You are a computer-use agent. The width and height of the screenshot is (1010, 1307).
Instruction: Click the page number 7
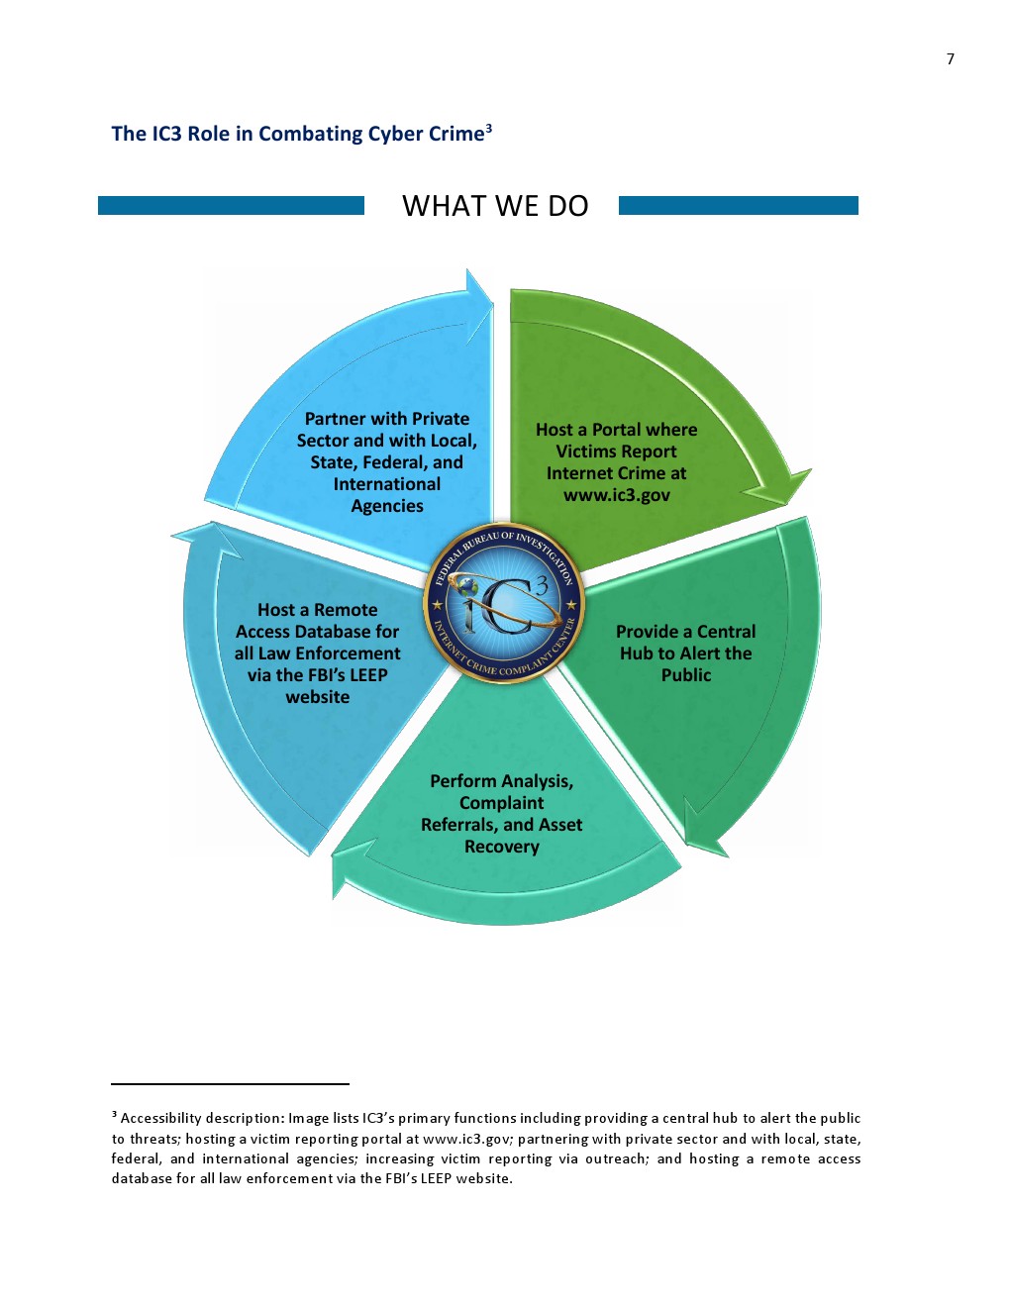(x=951, y=59)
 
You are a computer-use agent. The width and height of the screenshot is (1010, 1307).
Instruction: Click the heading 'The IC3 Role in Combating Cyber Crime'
(x=297, y=135)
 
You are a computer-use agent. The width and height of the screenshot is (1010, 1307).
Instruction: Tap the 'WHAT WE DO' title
(x=495, y=206)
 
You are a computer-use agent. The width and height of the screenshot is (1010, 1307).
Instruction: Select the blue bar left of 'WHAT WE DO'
(x=231, y=205)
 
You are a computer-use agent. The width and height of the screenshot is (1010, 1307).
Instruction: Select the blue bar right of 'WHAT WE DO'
(x=738, y=205)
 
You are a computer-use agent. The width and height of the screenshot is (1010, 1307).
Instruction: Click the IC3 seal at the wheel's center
(x=504, y=603)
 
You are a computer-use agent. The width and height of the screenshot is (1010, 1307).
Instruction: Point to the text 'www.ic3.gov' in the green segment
(x=616, y=495)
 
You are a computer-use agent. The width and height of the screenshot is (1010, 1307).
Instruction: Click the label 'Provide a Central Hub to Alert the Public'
(x=685, y=653)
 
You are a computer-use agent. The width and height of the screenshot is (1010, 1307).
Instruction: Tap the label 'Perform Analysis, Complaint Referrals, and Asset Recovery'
(x=501, y=814)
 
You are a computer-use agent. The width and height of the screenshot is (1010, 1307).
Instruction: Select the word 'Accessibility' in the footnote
(x=161, y=1118)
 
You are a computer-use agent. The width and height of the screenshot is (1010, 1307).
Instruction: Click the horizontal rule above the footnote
(x=230, y=1084)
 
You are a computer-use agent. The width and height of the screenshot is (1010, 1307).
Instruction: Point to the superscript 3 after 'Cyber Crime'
(x=489, y=128)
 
